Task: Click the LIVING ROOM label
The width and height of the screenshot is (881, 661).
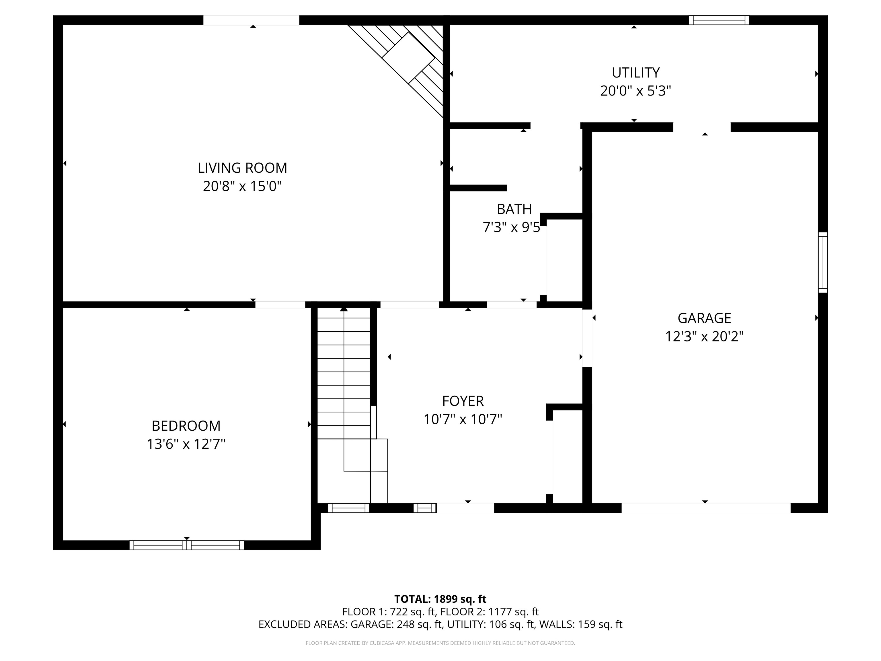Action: (242, 168)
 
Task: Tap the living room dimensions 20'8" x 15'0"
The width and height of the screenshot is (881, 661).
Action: (242, 186)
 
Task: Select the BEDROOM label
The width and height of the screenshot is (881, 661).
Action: (186, 426)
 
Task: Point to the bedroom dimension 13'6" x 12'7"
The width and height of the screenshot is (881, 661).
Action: (186, 444)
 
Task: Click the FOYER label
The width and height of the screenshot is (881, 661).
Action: (463, 401)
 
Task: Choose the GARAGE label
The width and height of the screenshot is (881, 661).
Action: (704, 318)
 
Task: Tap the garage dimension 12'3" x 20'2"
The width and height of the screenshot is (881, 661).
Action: (704, 337)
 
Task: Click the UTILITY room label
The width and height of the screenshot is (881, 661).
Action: (636, 73)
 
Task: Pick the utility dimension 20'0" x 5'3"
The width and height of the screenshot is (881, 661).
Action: (636, 91)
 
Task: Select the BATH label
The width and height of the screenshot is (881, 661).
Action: (514, 209)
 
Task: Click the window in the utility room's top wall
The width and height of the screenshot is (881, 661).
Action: (719, 20)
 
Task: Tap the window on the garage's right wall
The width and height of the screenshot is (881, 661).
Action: (823, 263)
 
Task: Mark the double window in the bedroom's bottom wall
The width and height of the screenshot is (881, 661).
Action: (186, 545)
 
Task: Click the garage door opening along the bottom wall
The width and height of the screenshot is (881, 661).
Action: (706, 508)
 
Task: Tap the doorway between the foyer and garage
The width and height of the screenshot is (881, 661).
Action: (587, 338)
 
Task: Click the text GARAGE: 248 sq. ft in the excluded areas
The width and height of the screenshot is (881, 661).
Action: (396, 624)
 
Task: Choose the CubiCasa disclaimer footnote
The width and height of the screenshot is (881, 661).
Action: (440, 643)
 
